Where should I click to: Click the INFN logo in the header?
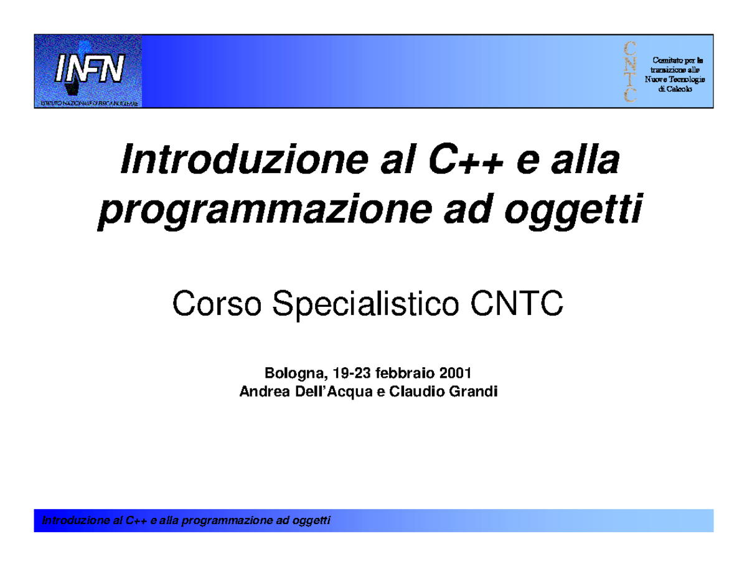click(88, 71)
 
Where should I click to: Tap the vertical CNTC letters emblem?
click(630, 71)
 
